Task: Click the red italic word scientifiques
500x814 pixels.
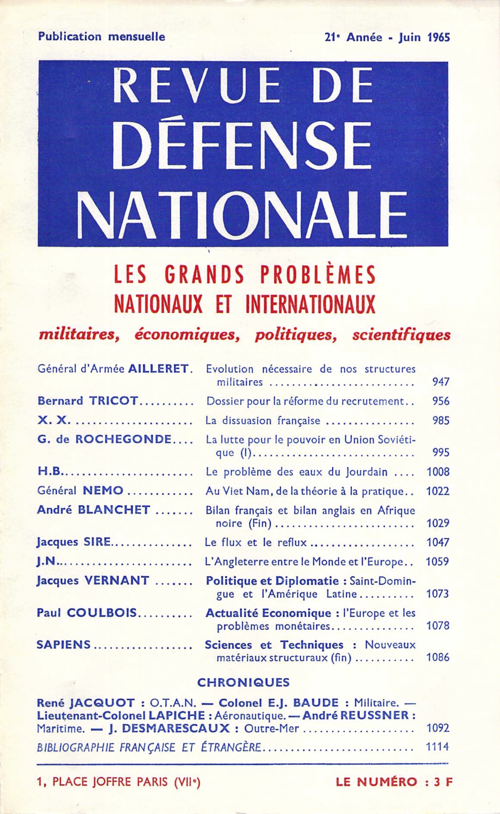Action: point(401,335)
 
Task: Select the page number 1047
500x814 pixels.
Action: point(438,542)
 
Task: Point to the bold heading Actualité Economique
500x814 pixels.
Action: point(268,613)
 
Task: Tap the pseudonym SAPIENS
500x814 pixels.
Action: point(64,645)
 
